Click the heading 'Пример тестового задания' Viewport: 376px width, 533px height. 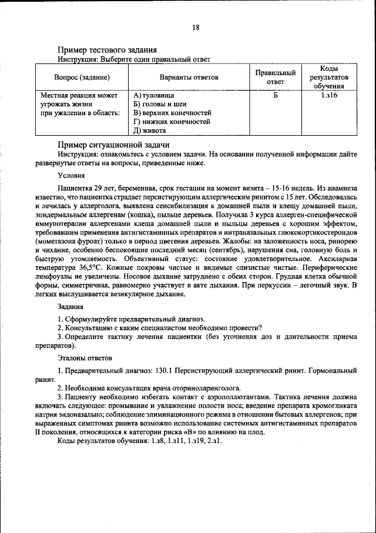[x=106, y=51]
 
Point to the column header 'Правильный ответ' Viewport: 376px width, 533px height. [x=275, y=77]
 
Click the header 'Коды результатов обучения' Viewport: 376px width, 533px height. [x=328, y=77]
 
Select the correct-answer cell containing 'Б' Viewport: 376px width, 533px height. [x=275, y=95]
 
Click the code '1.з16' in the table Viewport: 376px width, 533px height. [x=328, y=95]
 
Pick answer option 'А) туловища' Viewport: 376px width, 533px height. [x=154, y=95]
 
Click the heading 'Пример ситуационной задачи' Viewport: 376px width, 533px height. [x=113, y=145]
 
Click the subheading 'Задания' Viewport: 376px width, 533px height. [x=70, y=306]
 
